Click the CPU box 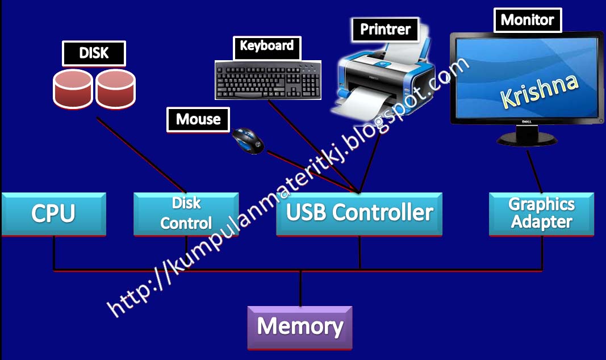[53, 214]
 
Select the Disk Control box [186, 214]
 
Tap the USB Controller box [359, 214]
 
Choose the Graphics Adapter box [541, 214]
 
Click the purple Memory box [300, 327]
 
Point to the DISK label [94, 53]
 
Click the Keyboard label [266, 46]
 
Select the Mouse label [198, 119]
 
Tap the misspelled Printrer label [385, 30]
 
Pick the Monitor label [527, 20]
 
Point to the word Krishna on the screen [539, 90]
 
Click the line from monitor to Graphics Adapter [534, 170]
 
